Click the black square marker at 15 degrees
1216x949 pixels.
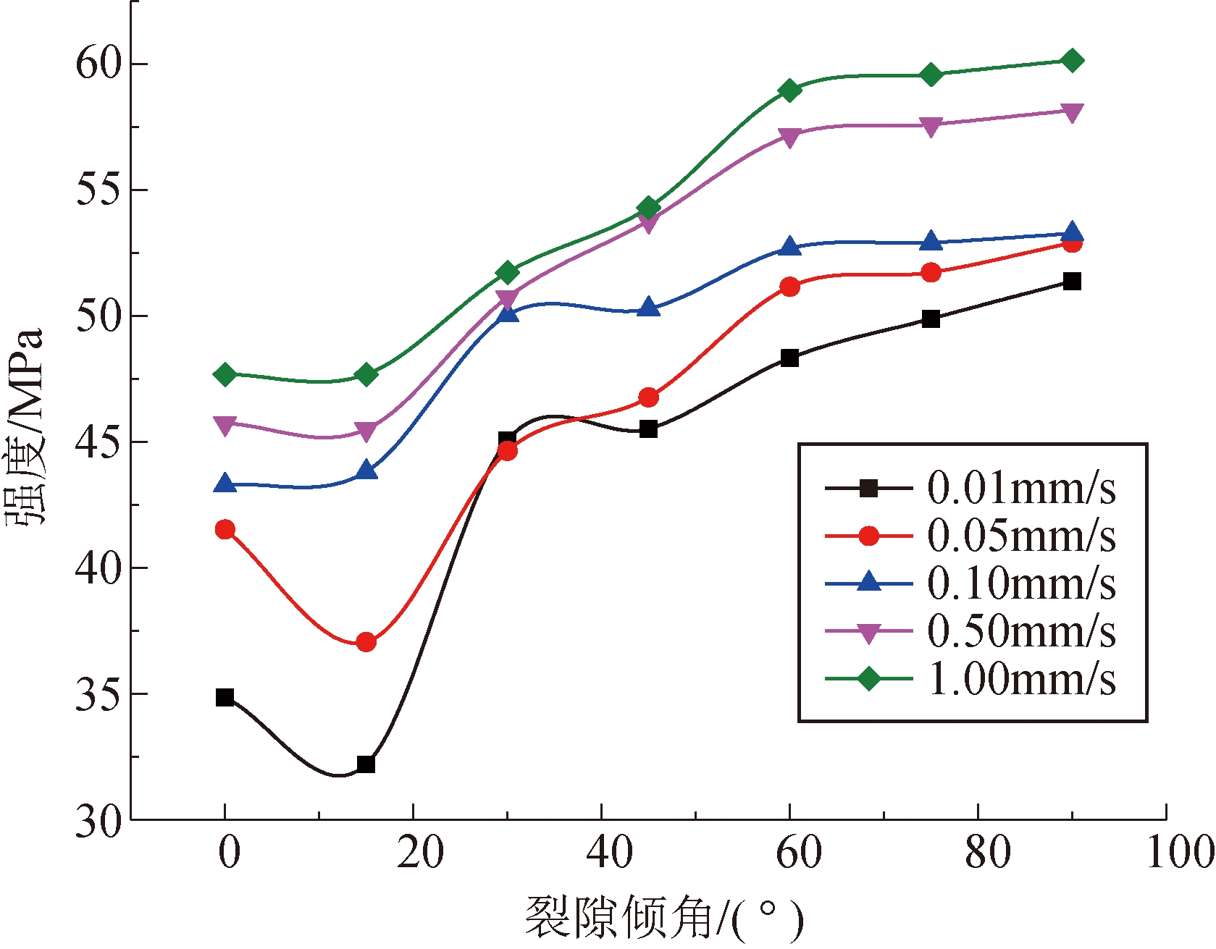pyautogui.click(x=366, y=764)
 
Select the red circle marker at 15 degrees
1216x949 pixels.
pyautogui.click(x=366, y=642)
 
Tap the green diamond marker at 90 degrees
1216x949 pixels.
pyautogui.click(x=1073, y=61)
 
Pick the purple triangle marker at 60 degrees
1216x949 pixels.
pyautogui.click(x=789, y=137)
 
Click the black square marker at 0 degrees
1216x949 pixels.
pyautogui.click(x=225, y=698)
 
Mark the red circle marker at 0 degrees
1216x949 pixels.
pyautogui.click(x=225, y=529)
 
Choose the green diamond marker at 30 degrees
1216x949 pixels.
pyautogui.click(x=508, y=273)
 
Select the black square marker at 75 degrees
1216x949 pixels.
pyautogui.click(x=931, y=319)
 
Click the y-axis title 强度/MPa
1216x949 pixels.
pyautogui.click(x=25, y=427)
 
